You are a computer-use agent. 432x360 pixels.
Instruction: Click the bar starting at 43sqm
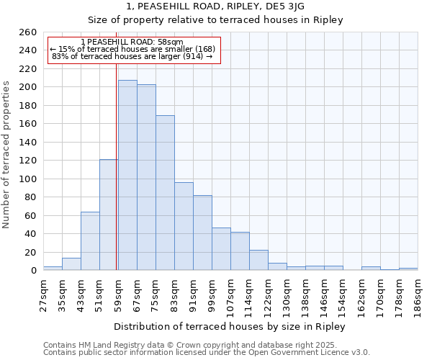[x=90, y=241]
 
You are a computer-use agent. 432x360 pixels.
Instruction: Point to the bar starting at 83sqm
[x=184, y=226]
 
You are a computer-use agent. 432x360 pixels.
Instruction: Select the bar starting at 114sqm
[x=258, y=260]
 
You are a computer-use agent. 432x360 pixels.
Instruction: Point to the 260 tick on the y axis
[x=28, y=32]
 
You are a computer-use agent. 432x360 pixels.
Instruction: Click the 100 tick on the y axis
[x=28, y=179]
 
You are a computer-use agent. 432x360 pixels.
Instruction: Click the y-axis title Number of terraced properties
[x=7, y=155]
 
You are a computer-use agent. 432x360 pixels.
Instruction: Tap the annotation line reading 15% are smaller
[x=132, y=49]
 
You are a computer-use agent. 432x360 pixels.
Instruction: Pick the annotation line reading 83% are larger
[x=132, y=56]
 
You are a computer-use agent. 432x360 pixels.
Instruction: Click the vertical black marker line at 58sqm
[x=117, y=166]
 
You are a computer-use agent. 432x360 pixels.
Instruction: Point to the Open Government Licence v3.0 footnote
[x=207, y=352]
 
